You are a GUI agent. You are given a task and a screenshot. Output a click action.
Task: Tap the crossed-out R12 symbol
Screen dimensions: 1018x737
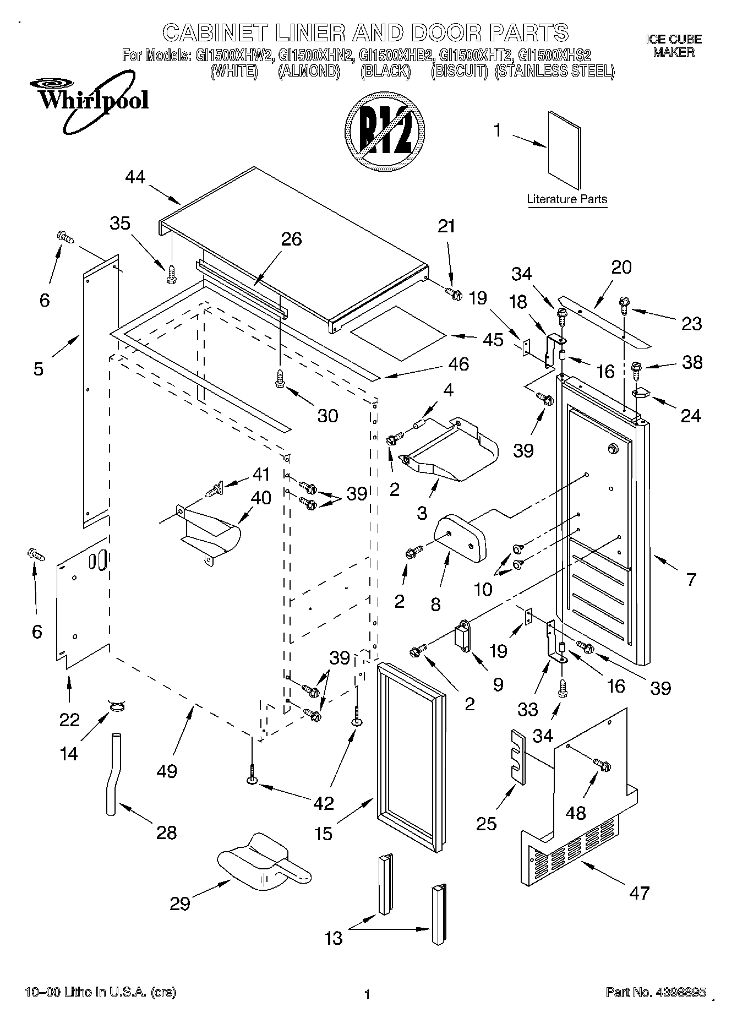tap(385, 135)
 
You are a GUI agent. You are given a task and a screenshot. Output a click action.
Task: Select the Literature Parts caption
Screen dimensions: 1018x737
tap(566, 199)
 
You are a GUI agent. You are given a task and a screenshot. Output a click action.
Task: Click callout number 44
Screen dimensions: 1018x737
tap(135, 177)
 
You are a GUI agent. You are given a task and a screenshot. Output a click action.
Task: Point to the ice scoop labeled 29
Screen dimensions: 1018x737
tap(263, 868)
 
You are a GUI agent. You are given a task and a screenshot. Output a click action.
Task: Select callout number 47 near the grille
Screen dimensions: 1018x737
tap(639, 892)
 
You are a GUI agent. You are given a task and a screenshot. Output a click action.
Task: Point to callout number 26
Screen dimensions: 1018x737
tap(292, 239)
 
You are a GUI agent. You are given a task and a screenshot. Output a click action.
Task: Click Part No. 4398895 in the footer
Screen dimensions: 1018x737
tap(656, 992)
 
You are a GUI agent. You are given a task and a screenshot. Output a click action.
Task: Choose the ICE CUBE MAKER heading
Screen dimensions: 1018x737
tap(674, 46)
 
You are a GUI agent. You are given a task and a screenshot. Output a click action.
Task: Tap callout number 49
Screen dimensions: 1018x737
tap(167, 771)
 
